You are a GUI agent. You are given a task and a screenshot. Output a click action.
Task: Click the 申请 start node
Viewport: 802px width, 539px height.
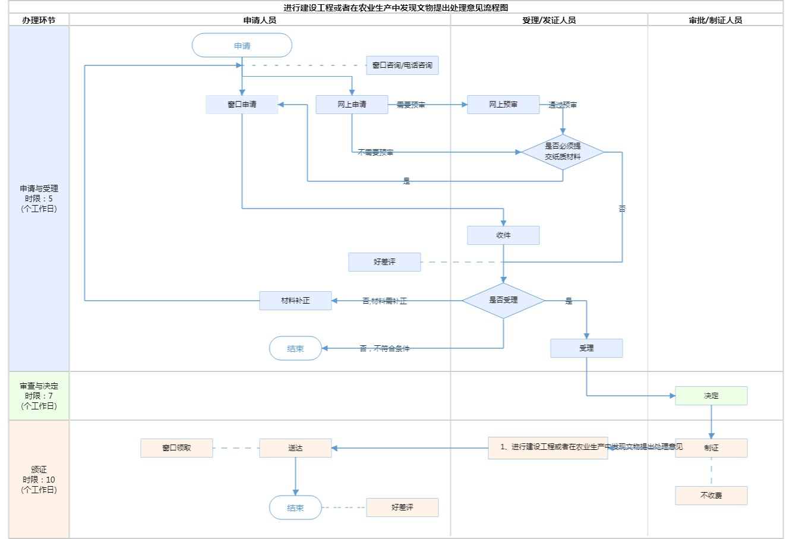[242, 46]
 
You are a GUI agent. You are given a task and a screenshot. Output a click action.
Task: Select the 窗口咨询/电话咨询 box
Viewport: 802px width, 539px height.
[402, 65]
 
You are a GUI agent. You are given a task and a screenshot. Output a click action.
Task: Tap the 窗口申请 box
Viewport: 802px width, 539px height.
[242, 105]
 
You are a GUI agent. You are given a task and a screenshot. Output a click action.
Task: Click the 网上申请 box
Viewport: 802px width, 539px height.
[352, 105]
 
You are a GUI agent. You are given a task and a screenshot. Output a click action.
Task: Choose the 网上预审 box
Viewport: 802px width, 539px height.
[503, 105]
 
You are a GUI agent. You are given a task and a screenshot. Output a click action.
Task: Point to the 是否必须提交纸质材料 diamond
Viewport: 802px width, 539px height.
[563, 152]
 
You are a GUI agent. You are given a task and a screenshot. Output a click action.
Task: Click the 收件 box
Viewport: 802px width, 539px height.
[503, 235]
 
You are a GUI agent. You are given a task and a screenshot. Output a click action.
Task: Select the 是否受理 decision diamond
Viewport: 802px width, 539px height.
[503, 300]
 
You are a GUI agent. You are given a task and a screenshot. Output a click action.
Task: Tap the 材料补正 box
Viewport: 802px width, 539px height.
[295, 301]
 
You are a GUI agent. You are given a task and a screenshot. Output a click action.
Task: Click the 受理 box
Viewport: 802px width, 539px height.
[586, 348]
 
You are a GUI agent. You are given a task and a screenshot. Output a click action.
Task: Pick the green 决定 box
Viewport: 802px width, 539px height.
[711, 396]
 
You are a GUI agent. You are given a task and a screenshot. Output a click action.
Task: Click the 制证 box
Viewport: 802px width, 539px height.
[711, 448]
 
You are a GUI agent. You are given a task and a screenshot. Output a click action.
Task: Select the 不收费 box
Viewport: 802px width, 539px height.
[711, 496]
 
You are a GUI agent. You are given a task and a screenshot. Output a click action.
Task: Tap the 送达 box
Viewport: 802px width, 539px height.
[295, 448]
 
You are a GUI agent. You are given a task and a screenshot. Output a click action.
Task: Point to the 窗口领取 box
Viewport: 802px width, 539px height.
[176, 448]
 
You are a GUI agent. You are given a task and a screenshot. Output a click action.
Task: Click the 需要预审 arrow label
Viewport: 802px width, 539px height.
[411, 105]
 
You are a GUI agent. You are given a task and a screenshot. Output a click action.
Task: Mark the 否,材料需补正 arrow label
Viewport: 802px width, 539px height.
[384, 301]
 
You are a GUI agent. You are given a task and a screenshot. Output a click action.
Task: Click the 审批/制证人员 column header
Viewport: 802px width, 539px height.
[715, 20]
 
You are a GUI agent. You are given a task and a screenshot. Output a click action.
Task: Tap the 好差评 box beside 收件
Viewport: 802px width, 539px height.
[384, 262]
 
